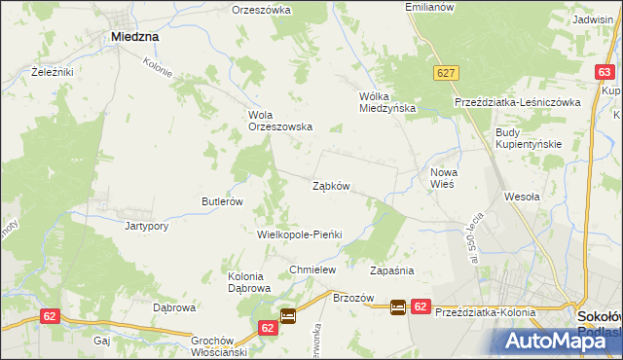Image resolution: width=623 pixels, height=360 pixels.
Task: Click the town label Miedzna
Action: (135, 36)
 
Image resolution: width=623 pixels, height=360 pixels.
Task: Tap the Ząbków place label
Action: (331, 185)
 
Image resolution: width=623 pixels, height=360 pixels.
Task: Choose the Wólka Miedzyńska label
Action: (387, 102)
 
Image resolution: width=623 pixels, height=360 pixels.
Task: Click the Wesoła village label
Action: (522, 196)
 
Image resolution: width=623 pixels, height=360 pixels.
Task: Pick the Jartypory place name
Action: (148, 226)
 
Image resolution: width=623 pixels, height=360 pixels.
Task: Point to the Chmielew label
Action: (312, 270)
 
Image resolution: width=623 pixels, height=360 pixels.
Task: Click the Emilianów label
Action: (430, 7)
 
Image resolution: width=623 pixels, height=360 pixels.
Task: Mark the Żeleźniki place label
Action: (53, 72)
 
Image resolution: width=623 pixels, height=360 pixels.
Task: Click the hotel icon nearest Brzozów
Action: (398, 306)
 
